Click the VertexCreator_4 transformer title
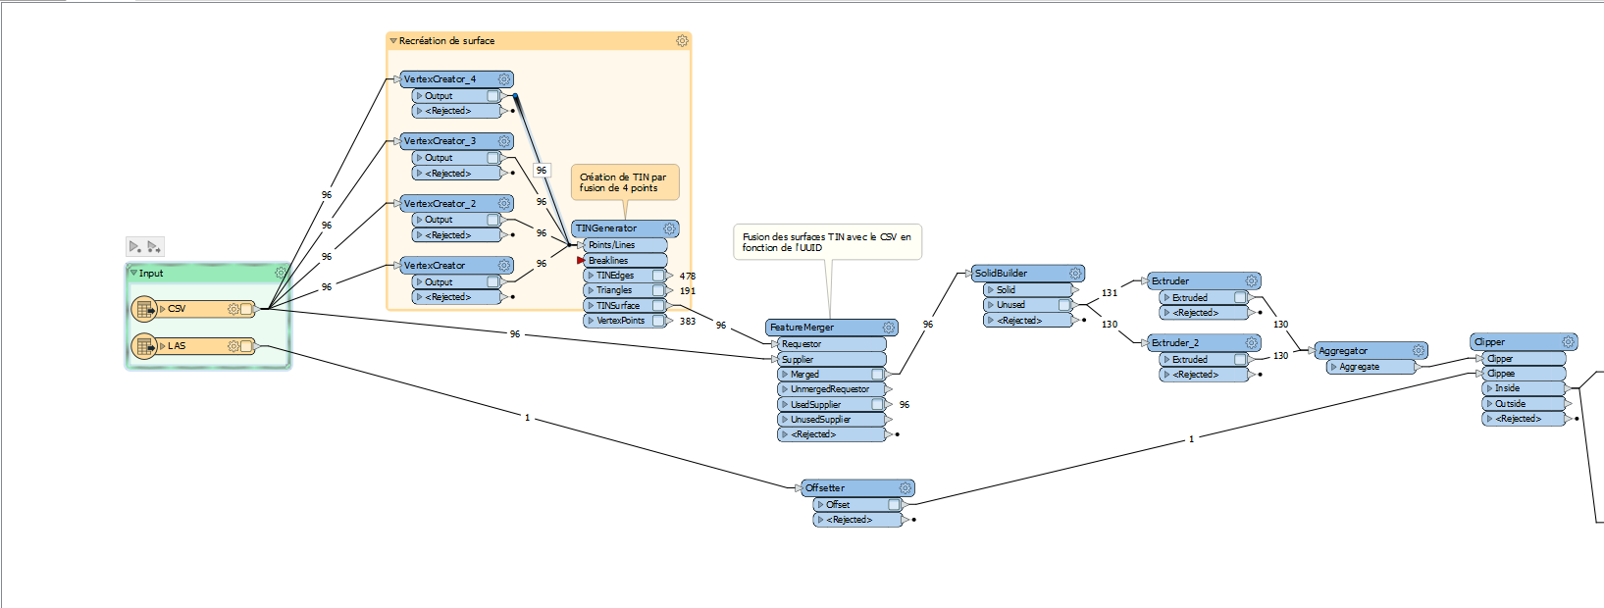440,79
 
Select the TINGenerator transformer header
606,228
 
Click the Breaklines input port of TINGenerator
608,261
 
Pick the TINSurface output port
618,306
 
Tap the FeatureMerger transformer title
802,328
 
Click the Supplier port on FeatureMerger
798,360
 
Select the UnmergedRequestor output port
829,389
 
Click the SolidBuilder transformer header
1001,274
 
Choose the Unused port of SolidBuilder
1010,305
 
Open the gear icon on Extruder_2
1252,343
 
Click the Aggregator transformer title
1342,351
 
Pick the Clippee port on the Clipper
1501,374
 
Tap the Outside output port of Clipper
1510,404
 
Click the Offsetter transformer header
825,488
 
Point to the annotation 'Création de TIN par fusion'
623,182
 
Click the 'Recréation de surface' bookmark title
446,41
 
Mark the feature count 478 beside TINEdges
688,277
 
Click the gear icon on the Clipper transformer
1568,342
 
